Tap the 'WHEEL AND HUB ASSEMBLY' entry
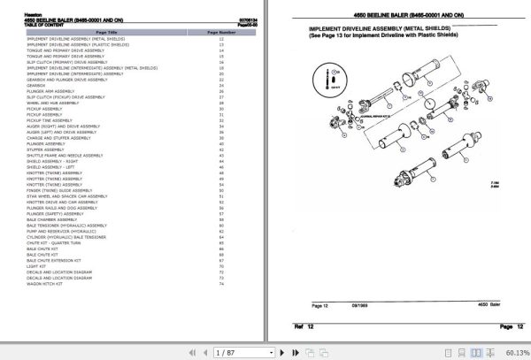coord(53,103)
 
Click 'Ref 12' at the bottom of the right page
coord(305,326)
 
